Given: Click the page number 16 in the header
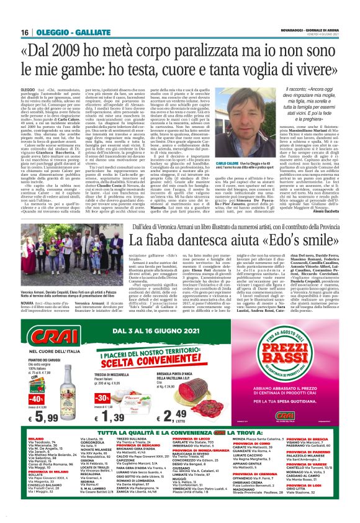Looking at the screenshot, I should pos(25,32).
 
